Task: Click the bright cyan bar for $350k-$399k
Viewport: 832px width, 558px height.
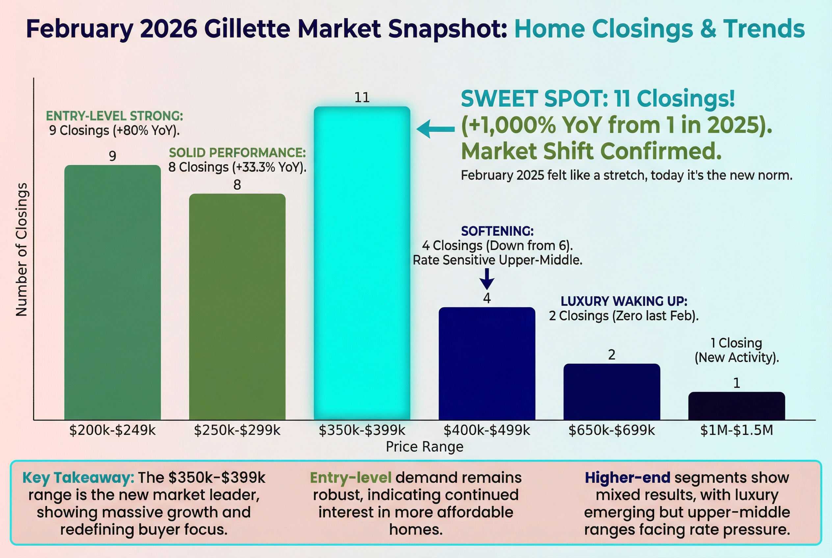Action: pyautogui.click(x=362, y=263)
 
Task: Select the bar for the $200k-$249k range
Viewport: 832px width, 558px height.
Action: pyautogui.click(x=113, y=292)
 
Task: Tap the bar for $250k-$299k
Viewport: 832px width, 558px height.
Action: pyautogui.click(x=237, y=306)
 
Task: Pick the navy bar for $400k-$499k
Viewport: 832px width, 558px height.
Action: pyautogui.click(x=487, y=363)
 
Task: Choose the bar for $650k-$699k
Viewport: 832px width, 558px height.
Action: pyautogui.click(x=611, y=392)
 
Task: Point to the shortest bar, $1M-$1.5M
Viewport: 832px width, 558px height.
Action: pyautogui.click(x=736, y=406)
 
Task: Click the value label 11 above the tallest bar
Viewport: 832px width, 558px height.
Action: pyautogui.click(x=362, y=97)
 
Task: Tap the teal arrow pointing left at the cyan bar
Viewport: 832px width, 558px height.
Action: pyautogui.click(x=435, y=129)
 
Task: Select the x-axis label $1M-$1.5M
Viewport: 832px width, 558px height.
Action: pyautogui.click(x=736, y=430)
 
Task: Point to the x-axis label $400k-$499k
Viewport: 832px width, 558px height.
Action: pyautogui.click(x=487, y=430)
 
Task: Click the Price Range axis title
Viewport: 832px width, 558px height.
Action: pyautogui.click(x=424, y=446)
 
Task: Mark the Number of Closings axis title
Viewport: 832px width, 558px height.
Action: pyautogui.click(x=21, y=249)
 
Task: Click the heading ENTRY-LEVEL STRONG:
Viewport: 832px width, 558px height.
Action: pyautogui.click(x=114, y=116)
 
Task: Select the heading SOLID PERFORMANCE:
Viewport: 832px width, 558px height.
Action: pyautogui.click(x=237, y=153)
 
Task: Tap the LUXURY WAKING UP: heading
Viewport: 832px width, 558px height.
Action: pyautogui.click(x=624, y=301)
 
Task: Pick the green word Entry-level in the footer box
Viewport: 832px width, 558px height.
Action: pyautogui.click(x=351, y=478)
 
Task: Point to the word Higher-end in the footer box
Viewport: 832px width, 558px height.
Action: pyautogui.click(x=627, y=478)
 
